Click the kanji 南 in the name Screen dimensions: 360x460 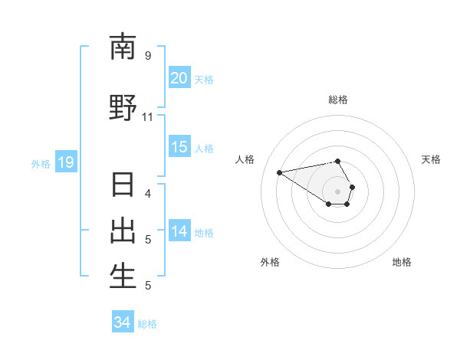tap(123, 47)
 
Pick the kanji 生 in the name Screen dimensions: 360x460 tap(123, 277)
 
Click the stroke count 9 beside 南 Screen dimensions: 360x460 tap(148, 56)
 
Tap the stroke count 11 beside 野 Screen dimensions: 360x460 tap(148, 117)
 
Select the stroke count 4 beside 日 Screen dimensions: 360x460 tap(148, 193)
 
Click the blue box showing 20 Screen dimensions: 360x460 tap(179, 78)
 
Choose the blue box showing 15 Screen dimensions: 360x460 tap(179, 147)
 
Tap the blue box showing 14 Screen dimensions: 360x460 tap(179, 231)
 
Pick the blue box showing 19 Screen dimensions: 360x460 tap(65, 162)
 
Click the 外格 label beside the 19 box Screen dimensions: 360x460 tap(41, 163)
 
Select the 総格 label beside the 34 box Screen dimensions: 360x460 tap(147, 324)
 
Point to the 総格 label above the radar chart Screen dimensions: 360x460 tap(338, 100)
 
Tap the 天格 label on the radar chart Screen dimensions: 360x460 tap(431, 159)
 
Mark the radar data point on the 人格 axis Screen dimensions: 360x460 tap(280, 172)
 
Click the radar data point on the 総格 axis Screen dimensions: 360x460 tap(338, 161)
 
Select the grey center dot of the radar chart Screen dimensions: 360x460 tap(338, 191)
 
